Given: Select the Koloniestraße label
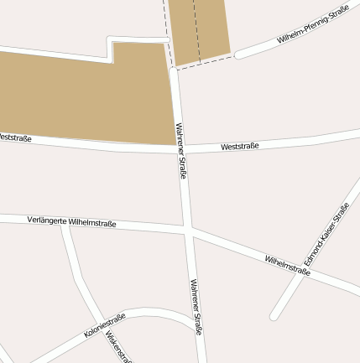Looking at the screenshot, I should click(105, 325).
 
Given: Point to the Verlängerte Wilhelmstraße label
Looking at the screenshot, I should click(71, 222).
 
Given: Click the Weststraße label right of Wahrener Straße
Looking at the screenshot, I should click(240, 147).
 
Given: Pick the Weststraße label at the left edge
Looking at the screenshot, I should click(15, 137).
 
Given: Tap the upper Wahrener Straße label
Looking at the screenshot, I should click(180, 151).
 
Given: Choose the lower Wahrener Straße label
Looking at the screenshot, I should click(196, 306).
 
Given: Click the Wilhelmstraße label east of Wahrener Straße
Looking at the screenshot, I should click(288, 265).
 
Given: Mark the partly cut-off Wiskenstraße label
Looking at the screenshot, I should click(120, 346).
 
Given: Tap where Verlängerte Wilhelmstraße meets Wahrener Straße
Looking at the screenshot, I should click(188, 229).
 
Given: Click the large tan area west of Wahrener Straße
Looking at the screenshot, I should click(84, 96).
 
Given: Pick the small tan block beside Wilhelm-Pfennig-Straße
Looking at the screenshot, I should click(199, 29).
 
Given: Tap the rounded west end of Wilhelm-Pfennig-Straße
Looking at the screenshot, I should click(238, 55).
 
